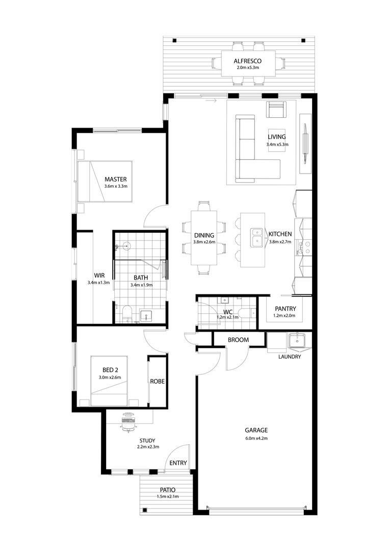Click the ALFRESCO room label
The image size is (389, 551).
247,61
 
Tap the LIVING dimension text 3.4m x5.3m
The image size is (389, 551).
277,144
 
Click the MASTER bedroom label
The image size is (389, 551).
116,179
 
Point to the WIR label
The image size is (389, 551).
99,275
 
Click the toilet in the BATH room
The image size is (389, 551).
126,313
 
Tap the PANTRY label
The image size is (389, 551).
286,309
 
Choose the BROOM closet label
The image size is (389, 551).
239,340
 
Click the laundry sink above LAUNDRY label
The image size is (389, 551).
297,340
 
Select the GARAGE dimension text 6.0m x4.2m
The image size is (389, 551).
256,438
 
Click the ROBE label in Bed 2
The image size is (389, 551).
158,381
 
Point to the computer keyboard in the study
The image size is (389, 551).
128,420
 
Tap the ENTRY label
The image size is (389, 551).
178,463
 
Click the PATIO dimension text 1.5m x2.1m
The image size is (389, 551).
168,496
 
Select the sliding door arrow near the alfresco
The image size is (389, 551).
211,101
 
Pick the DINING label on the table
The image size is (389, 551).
204,235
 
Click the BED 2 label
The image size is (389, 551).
110,370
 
